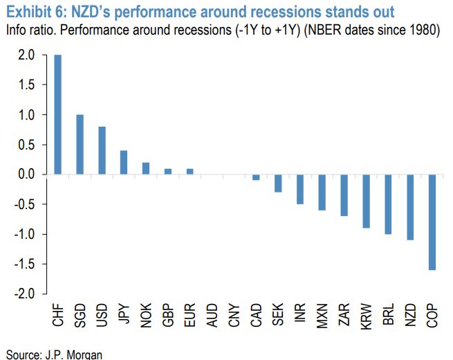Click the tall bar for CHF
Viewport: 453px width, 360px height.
tap(57, 114)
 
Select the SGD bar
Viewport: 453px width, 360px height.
tap(80, 144)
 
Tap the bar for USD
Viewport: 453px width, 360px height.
tap(102, 150)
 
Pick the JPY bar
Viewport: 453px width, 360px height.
tap(124, 162)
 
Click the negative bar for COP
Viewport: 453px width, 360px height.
tap(432, 222)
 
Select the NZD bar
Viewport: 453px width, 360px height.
tap(410, 207)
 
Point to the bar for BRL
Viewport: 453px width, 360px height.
tap(388, 204)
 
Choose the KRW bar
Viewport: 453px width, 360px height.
tap(367, 201)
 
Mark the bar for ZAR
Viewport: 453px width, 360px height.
tap(344, 195)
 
